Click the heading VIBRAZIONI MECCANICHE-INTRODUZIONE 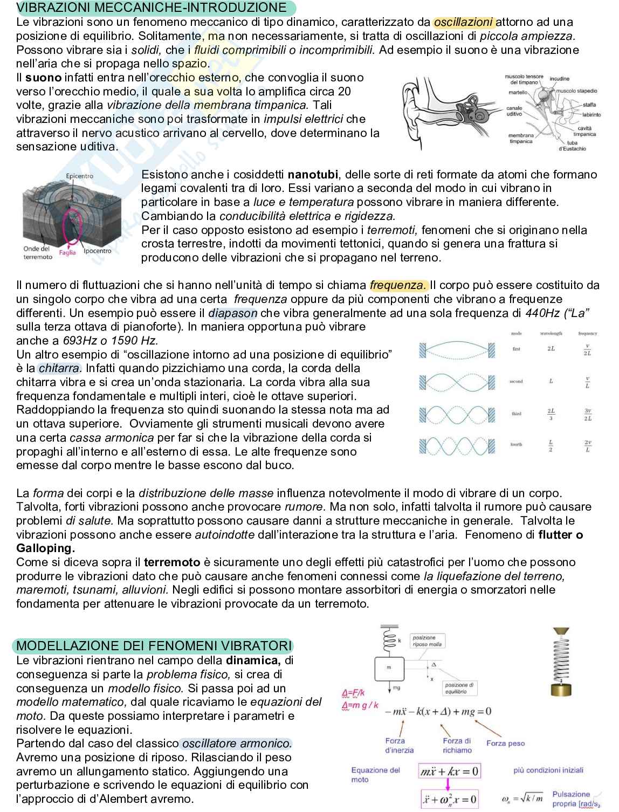[152, 8]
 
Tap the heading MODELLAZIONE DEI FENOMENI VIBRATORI [154, 645]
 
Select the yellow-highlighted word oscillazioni [463, 22]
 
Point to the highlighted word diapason [233, 313]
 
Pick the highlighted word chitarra [60, 368]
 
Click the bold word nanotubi [313, 174]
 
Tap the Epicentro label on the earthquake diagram [79, 176]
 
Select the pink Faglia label [67, 252]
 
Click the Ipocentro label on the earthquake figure [98, 251]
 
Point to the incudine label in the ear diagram [559, 79]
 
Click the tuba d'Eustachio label [572, 146]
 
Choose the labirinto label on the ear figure [592, 114]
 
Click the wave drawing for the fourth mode [457, 445]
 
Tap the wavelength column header [551, 333]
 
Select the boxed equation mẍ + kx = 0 [449, 771]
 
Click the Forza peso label [505, 743]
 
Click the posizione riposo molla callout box [427, 641]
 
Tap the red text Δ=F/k [354, 693]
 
